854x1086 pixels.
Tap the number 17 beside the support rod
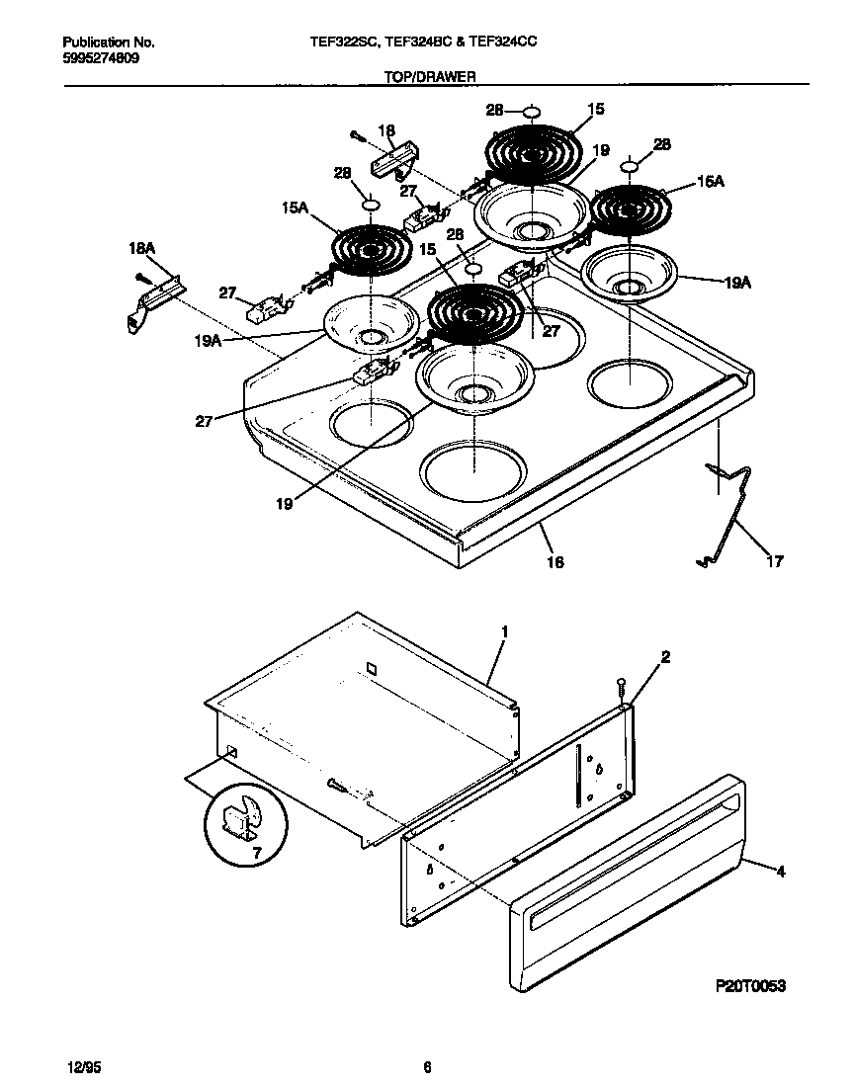click(x=774, y=561)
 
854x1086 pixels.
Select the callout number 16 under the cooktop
click(x=555, y=561)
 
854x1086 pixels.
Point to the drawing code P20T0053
click(x=750, y=986)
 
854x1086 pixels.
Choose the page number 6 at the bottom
click(x=427, y=1066)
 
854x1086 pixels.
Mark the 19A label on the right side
click(x=736, y=282)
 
